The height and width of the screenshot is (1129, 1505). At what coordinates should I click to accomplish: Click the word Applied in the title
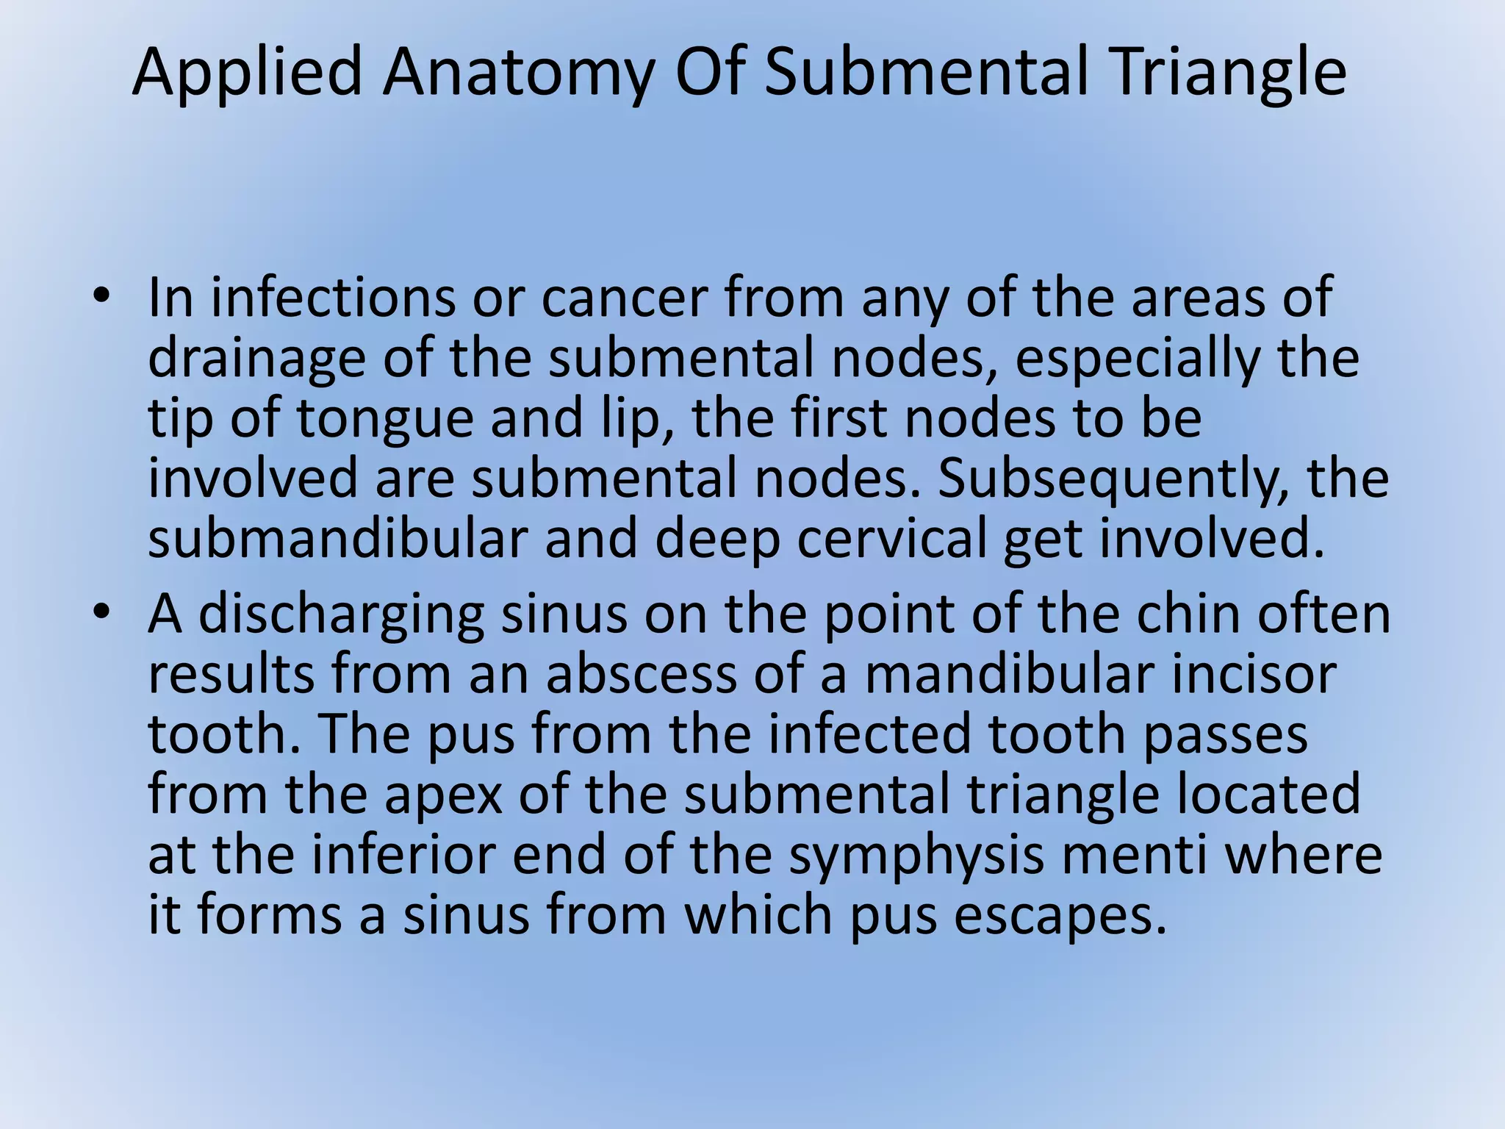click(248, 72)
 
